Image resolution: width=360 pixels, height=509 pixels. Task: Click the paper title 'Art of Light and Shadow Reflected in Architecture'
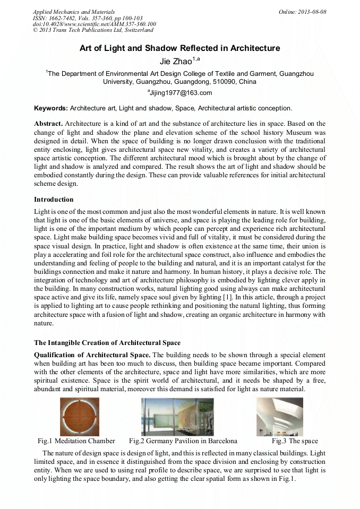pos(179,48)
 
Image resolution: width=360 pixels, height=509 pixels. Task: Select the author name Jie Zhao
pos(176,62)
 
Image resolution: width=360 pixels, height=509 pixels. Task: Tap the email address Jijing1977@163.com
pos(179,93)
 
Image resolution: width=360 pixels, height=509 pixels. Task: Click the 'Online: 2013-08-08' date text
pos(303,12)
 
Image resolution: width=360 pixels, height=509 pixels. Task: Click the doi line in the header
pos(94,24)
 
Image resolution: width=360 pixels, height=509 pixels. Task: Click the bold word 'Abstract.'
pos(48,124)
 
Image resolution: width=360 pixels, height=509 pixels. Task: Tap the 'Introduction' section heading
pos(54,200)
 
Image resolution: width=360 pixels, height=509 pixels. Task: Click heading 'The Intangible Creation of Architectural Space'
pos(107,342)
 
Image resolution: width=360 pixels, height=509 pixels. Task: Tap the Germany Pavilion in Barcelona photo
pos(178,417)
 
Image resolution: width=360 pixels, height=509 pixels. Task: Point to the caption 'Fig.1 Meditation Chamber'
pos(76,441)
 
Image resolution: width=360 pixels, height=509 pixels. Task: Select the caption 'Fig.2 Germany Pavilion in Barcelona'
pos(183,441)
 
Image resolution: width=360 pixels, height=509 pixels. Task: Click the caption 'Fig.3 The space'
pos(295,441)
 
